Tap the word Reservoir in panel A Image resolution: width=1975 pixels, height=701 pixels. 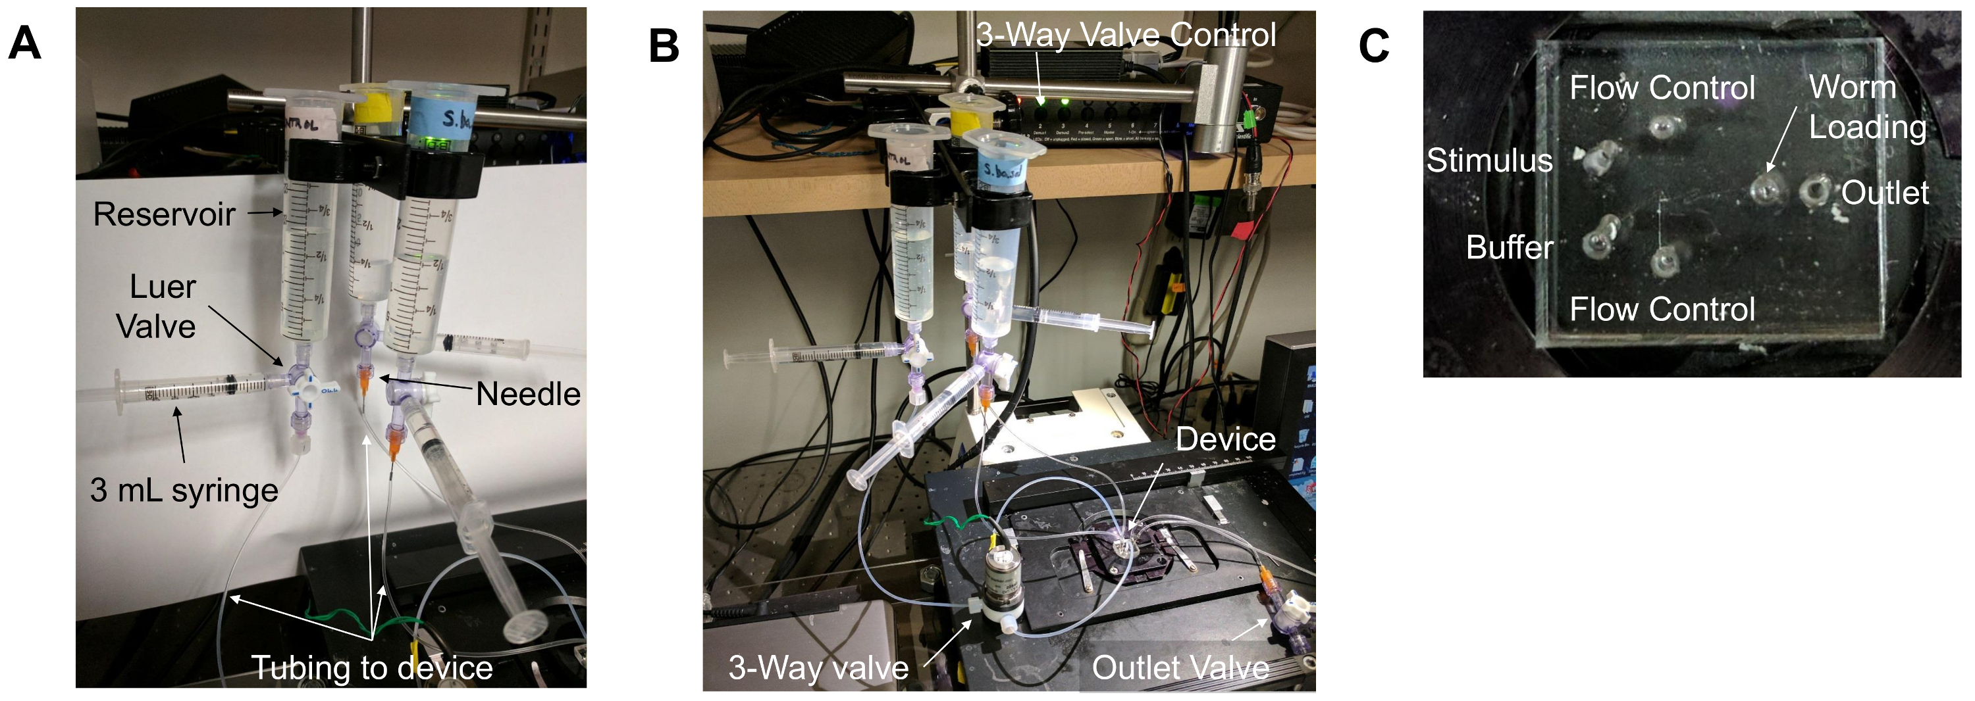coord(164,214)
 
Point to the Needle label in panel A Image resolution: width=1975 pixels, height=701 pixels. coord(527,395)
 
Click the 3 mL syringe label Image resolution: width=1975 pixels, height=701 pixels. coord(184,491)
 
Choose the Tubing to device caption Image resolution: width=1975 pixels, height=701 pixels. coord(372,668)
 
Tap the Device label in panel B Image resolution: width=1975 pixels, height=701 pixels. coord(1225,439)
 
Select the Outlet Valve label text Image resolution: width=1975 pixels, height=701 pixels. coord(1180,667)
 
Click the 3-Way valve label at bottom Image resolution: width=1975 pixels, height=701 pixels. coord(818,667)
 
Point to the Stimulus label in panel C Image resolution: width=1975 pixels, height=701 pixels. coord(1489,160)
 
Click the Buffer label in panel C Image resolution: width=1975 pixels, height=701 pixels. coord(1509,247)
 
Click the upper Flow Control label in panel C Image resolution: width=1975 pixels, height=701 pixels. coord(1662,87)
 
